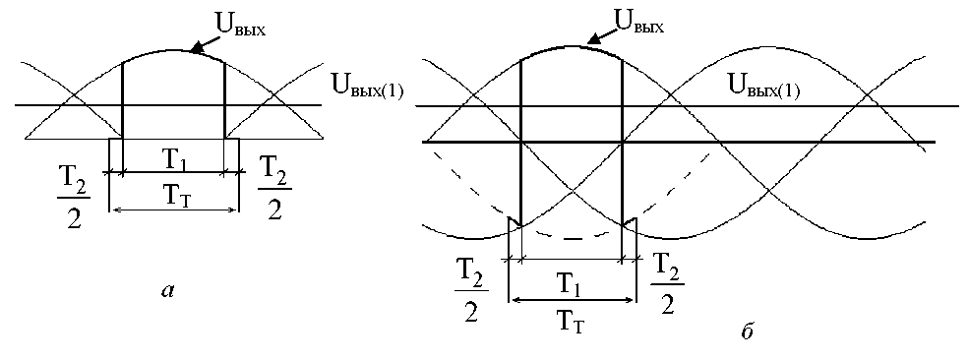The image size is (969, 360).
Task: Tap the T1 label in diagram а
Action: [173, 160]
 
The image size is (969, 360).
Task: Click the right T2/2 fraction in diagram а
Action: [275, 188]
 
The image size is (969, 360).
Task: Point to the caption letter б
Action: [747, 330]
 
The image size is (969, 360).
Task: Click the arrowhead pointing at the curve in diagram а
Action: [196, 49]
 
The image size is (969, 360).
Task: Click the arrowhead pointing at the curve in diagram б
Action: [592, 40]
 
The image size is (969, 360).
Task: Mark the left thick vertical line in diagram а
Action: [123, 99]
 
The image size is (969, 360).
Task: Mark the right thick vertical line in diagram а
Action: [223, 99]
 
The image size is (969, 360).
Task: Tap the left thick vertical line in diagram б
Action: [521, 143]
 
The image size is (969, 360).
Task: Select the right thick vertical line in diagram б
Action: [621, 143]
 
